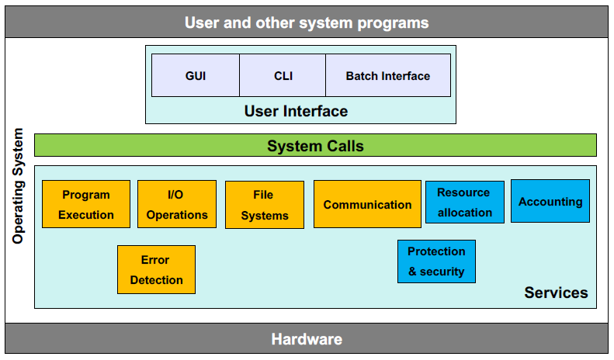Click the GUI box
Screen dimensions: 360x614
click(196, 75)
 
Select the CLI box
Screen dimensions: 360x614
click(283, 75)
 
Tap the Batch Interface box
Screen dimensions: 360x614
click(387, 75)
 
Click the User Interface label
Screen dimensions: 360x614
click(296, 111)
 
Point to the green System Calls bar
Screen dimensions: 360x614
click(315, 145)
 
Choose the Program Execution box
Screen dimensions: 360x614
click(86, 204)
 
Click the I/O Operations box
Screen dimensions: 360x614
click(177, 204)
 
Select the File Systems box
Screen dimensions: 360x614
click(264, 205)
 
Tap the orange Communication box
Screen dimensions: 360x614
click(367, 205)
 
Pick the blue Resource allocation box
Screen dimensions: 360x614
click(464, 202)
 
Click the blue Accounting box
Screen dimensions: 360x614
click(550, 201)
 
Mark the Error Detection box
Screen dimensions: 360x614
click(156, 269)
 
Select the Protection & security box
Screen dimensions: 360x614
click(436, 261)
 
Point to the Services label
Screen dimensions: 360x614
click(556, 292)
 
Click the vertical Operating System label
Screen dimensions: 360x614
click(19, 186)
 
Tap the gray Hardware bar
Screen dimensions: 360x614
click(307, 339)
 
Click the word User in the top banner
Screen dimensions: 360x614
click(202, 22)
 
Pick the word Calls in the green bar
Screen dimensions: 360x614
click(343, 145)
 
